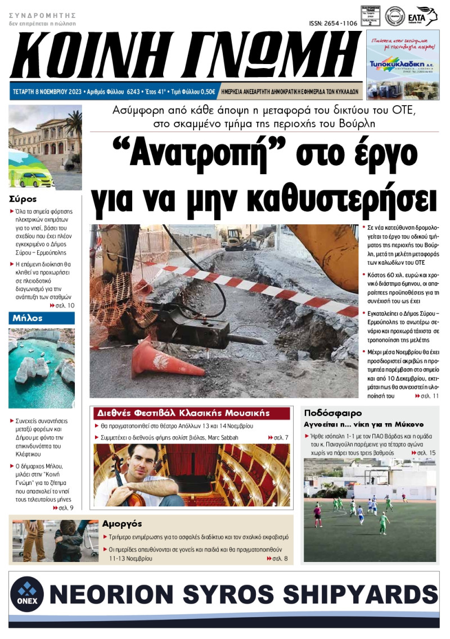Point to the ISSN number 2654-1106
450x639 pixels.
(x=333, y=23)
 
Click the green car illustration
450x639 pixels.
(x=35, y=179)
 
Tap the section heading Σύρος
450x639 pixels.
(x=23, y=199)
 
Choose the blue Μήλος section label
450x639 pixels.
(x=28, y=318)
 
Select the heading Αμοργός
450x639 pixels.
(x=122, y=523)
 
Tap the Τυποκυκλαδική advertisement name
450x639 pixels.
(x=402, y=65)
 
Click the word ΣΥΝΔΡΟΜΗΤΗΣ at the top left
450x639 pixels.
(x=42, y=16)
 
